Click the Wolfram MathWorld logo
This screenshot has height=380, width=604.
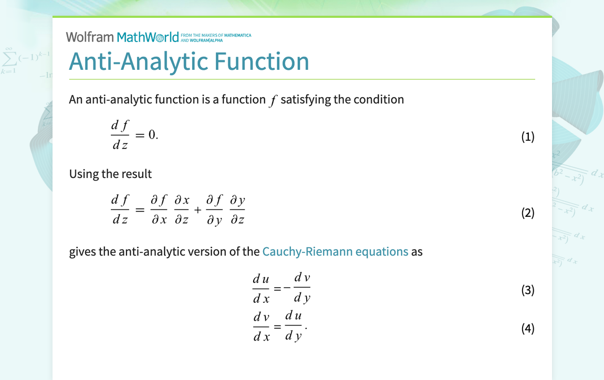(x=122, y=37)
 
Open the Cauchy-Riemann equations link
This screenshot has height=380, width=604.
(x=335, y=251)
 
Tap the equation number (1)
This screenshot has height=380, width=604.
(x=527, y=137)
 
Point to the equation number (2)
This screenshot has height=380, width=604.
(x=527, y=213)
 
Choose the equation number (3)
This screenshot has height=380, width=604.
(x=527, y=290)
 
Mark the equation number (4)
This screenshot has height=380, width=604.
(x=527, y=329)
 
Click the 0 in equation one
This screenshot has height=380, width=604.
(x=151, y=135)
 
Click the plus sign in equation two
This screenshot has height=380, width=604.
(x=197, y=210)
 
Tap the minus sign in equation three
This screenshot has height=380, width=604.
(x=287, y=287)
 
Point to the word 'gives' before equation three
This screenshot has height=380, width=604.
(x=82, y=251)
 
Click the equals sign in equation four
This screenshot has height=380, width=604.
(x=277, y=326)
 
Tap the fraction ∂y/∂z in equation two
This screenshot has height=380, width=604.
(x=237, y=210)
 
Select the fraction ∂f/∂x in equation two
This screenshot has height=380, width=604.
(x=159, y=210)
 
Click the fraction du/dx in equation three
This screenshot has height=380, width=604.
(x=261, y=288)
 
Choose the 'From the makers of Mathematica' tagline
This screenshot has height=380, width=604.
(x=215, y=37)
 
